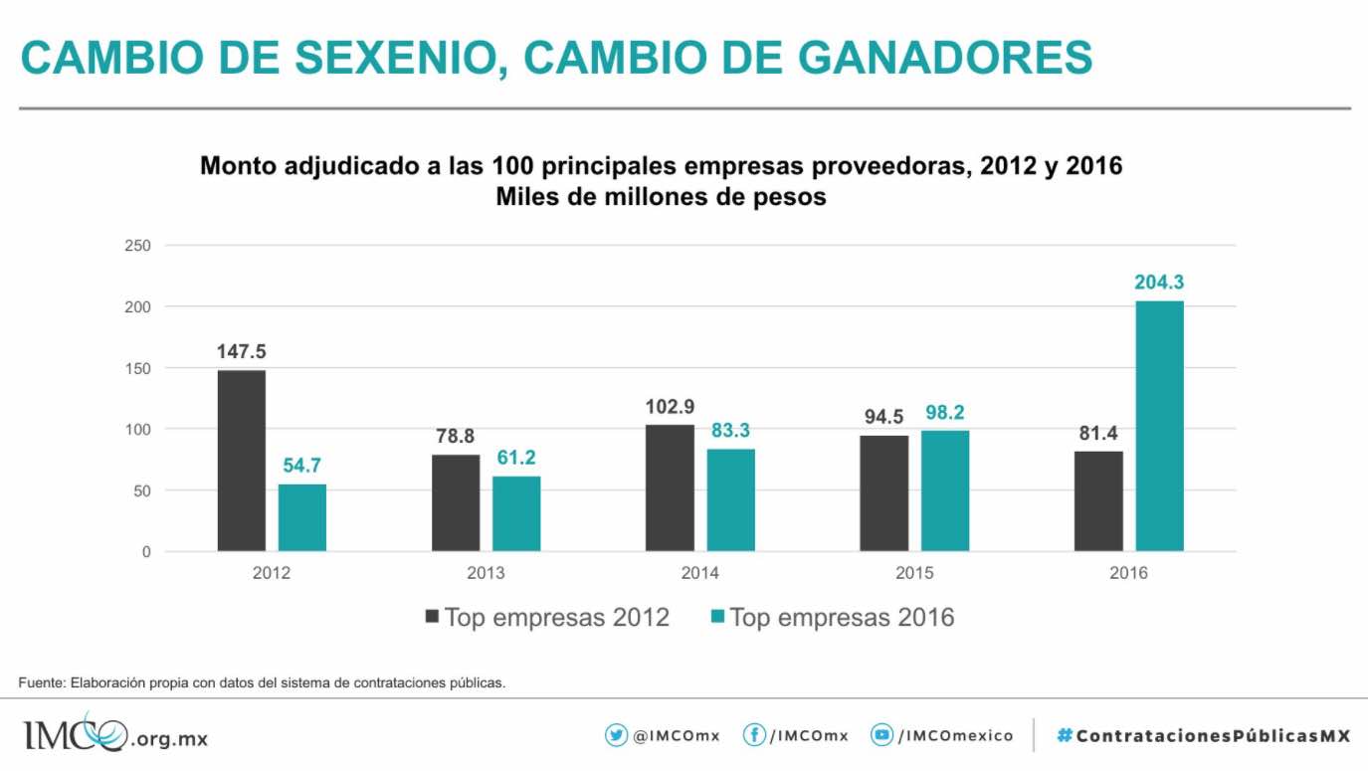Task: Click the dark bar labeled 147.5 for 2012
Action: click(242, 461)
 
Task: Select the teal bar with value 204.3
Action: click(1160, 426)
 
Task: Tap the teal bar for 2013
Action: click(516, 513)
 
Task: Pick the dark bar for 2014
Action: click(670, 487)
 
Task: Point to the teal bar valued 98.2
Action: click(945, 490)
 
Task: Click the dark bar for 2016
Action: click(1098, 500)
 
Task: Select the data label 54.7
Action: click(302, 466)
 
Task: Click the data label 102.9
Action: click(670, 406)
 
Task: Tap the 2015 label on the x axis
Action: click(914, 574)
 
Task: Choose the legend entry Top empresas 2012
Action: click(547, 618)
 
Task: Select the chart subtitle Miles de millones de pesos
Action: click(661, 197)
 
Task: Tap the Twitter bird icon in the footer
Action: click(616, 736)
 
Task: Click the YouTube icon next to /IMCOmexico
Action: click(881, 736)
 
